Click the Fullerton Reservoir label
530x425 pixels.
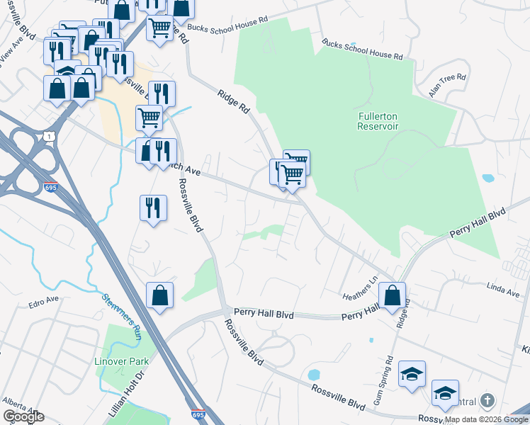tap(378, 120)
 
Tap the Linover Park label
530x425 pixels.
tap(122, 361)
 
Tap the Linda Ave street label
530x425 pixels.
tap(502, 286)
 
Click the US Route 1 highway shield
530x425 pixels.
tap(48, 135)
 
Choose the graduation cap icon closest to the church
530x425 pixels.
tap(445, 393)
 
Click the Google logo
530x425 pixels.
tap(23, 416)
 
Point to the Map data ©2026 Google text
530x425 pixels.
tap(486, 419)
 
